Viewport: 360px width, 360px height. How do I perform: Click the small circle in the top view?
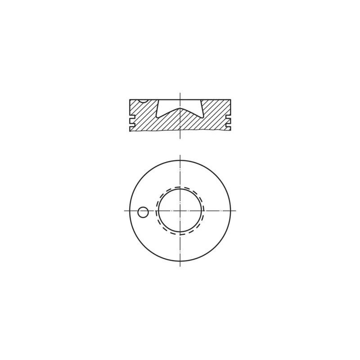pyautogui.click(x=143, y=212)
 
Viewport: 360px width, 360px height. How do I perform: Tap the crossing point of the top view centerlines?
pyautogui.click(x=180, y=210)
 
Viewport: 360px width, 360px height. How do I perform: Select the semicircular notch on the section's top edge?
pyautogui.click(x=142, y=101)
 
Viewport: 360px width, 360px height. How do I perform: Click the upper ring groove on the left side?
pyautogui.click(x=132, y=114)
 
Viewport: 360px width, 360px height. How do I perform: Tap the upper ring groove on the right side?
pyautogui.click(x=228, y=114)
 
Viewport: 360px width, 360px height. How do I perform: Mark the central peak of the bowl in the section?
pyautogui.click(x=180, y=108)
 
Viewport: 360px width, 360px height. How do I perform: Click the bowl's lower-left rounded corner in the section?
pyautogui.click(x=158, y=117)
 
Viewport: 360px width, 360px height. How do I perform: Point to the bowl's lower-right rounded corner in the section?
pyautogui.click(x=202, y=117)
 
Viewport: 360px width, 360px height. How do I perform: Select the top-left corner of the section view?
pyautogui.click(x=130, y=99)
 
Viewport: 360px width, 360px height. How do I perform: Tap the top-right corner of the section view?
pyautogui.click(x=230, y=99)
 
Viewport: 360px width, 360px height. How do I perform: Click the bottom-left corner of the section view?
pyautogui.click(x=130, y=131)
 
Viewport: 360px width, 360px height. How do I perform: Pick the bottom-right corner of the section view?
pyautogui.click(x=230, y=130)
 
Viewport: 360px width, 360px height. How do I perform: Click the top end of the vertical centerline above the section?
pyautogui.click(x=180, y=93)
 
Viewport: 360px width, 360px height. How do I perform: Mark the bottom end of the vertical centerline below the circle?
pyautogui.click(x=180, y=266)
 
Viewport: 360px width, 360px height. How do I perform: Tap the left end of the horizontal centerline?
pyautogui.click(x=124, y=210)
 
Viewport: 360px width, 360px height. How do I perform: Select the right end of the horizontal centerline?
pyautogui.click(x=236, y=210)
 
